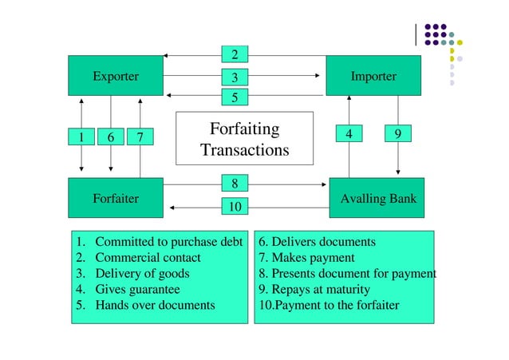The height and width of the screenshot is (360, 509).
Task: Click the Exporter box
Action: [x=116, y=76]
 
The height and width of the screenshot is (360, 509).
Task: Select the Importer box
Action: [x=373, y=76]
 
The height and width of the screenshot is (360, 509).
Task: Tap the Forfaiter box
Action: [x=116, y=198]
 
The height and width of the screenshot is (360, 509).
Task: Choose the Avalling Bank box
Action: [x=376, y=198]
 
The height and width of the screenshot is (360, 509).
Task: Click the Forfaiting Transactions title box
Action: [x=244, y=139]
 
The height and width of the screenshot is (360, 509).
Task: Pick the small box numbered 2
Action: [x=235, y=54]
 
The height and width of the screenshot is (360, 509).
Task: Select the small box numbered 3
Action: [x=235, y=77]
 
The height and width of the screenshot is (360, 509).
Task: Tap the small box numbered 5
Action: [x=235, y=97]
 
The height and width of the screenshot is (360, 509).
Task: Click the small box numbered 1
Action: [x=81, y=137]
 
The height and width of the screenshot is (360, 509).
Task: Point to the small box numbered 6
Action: [x=110, y=137]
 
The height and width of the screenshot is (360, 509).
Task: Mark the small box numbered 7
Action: [x=140, y=137]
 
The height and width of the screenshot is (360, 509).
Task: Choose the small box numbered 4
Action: [x=349, y=134]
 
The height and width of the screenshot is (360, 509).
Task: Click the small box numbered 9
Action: [x=397, y=134]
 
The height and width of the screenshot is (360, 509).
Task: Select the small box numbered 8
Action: [x=235, y=184]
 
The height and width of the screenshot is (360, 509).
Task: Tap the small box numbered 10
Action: [x=235, y=208]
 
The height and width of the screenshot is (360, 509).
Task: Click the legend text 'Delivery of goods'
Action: [x=142, y=274]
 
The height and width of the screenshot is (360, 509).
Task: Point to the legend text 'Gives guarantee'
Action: [x=137, y=289]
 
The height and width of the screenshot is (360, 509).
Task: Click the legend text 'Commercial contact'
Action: [x=148, y=258]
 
